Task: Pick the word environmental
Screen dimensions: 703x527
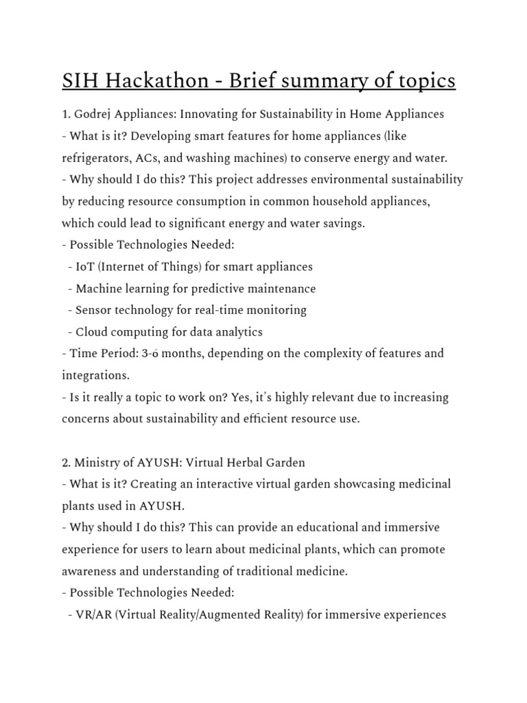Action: click(x=337, y=179)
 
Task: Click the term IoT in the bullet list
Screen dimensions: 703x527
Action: click(x=85, y=266)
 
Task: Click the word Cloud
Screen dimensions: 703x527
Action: click(x=92, y=332)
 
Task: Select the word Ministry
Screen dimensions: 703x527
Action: click(x=97, y=463)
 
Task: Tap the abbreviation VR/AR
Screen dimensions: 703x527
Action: click(x=93, y=615)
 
